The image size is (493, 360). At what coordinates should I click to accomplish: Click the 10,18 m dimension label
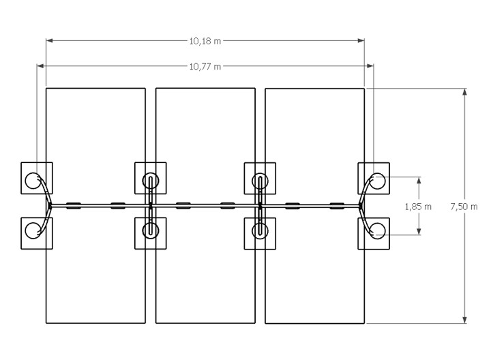205,41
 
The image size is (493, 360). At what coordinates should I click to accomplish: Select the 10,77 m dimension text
205,67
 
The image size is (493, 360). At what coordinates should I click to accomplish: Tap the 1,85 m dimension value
418,207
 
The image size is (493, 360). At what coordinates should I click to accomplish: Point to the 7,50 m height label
464,207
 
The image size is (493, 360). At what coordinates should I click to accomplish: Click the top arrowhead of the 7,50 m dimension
465,92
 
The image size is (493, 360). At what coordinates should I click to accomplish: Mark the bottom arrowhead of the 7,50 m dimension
465,320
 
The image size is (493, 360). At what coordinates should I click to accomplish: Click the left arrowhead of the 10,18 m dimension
49,40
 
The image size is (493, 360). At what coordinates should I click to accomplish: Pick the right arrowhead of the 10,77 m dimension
370,65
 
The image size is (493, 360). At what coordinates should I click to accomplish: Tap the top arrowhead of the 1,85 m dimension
419,181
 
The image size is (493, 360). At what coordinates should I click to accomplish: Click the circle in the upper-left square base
33,181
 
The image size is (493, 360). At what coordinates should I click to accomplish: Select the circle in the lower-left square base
33,230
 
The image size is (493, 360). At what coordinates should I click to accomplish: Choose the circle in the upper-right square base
377,181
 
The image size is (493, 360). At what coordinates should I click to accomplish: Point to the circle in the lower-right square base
377,230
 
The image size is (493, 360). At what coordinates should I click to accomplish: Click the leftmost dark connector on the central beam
74,206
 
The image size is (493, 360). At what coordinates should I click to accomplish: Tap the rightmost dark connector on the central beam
336,206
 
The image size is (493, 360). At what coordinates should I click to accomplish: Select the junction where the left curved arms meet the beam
50,206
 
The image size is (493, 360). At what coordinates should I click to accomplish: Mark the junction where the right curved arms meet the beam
361,206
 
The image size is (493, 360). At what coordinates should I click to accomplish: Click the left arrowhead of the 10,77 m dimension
40,65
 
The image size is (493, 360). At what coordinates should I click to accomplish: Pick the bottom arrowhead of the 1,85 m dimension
419,231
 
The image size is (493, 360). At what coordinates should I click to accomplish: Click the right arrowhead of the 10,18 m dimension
361,40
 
